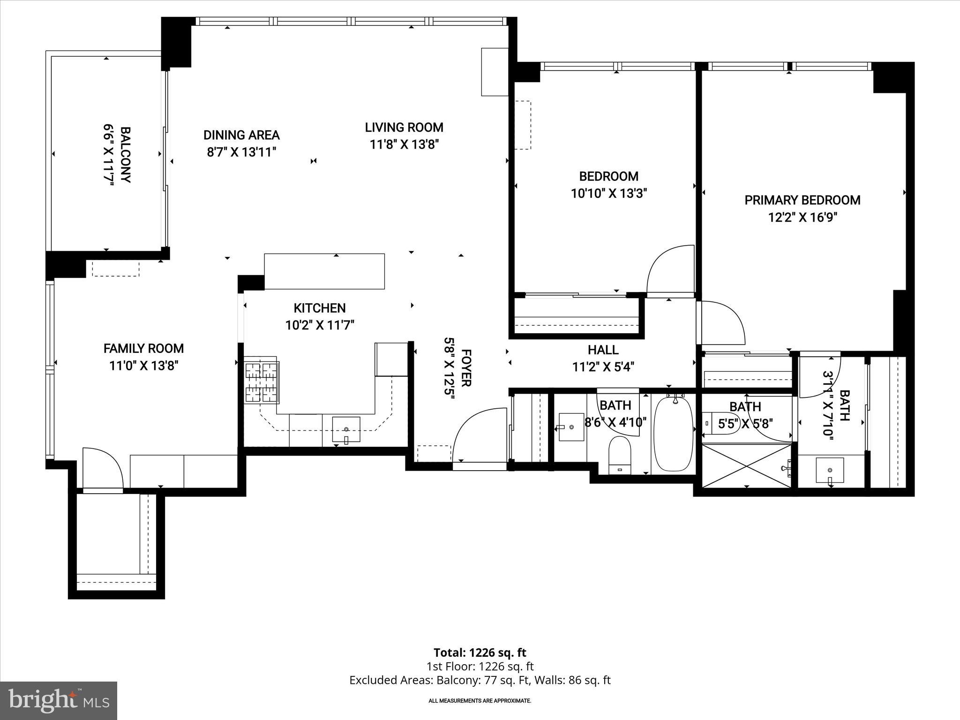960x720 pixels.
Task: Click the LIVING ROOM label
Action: point(404,127)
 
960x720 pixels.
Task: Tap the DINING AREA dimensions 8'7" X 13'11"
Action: point(241,152)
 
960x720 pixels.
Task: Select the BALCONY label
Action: point(125,154)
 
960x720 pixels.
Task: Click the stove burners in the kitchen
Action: point(262,382)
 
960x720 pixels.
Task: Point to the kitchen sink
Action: point(346,429)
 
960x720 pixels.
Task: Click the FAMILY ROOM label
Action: point(143,348)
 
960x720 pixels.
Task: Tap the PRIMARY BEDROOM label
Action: point(802,200)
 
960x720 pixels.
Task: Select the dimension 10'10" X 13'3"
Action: point(608,194)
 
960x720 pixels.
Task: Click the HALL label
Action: point(603,350)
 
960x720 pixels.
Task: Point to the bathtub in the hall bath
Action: point(673,434)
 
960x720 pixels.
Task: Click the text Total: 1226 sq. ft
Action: point(480,652)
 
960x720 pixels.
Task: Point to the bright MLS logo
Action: point(59,700)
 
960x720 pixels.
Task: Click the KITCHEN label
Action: point(320,308)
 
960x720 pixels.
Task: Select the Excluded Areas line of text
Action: point(480,680)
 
